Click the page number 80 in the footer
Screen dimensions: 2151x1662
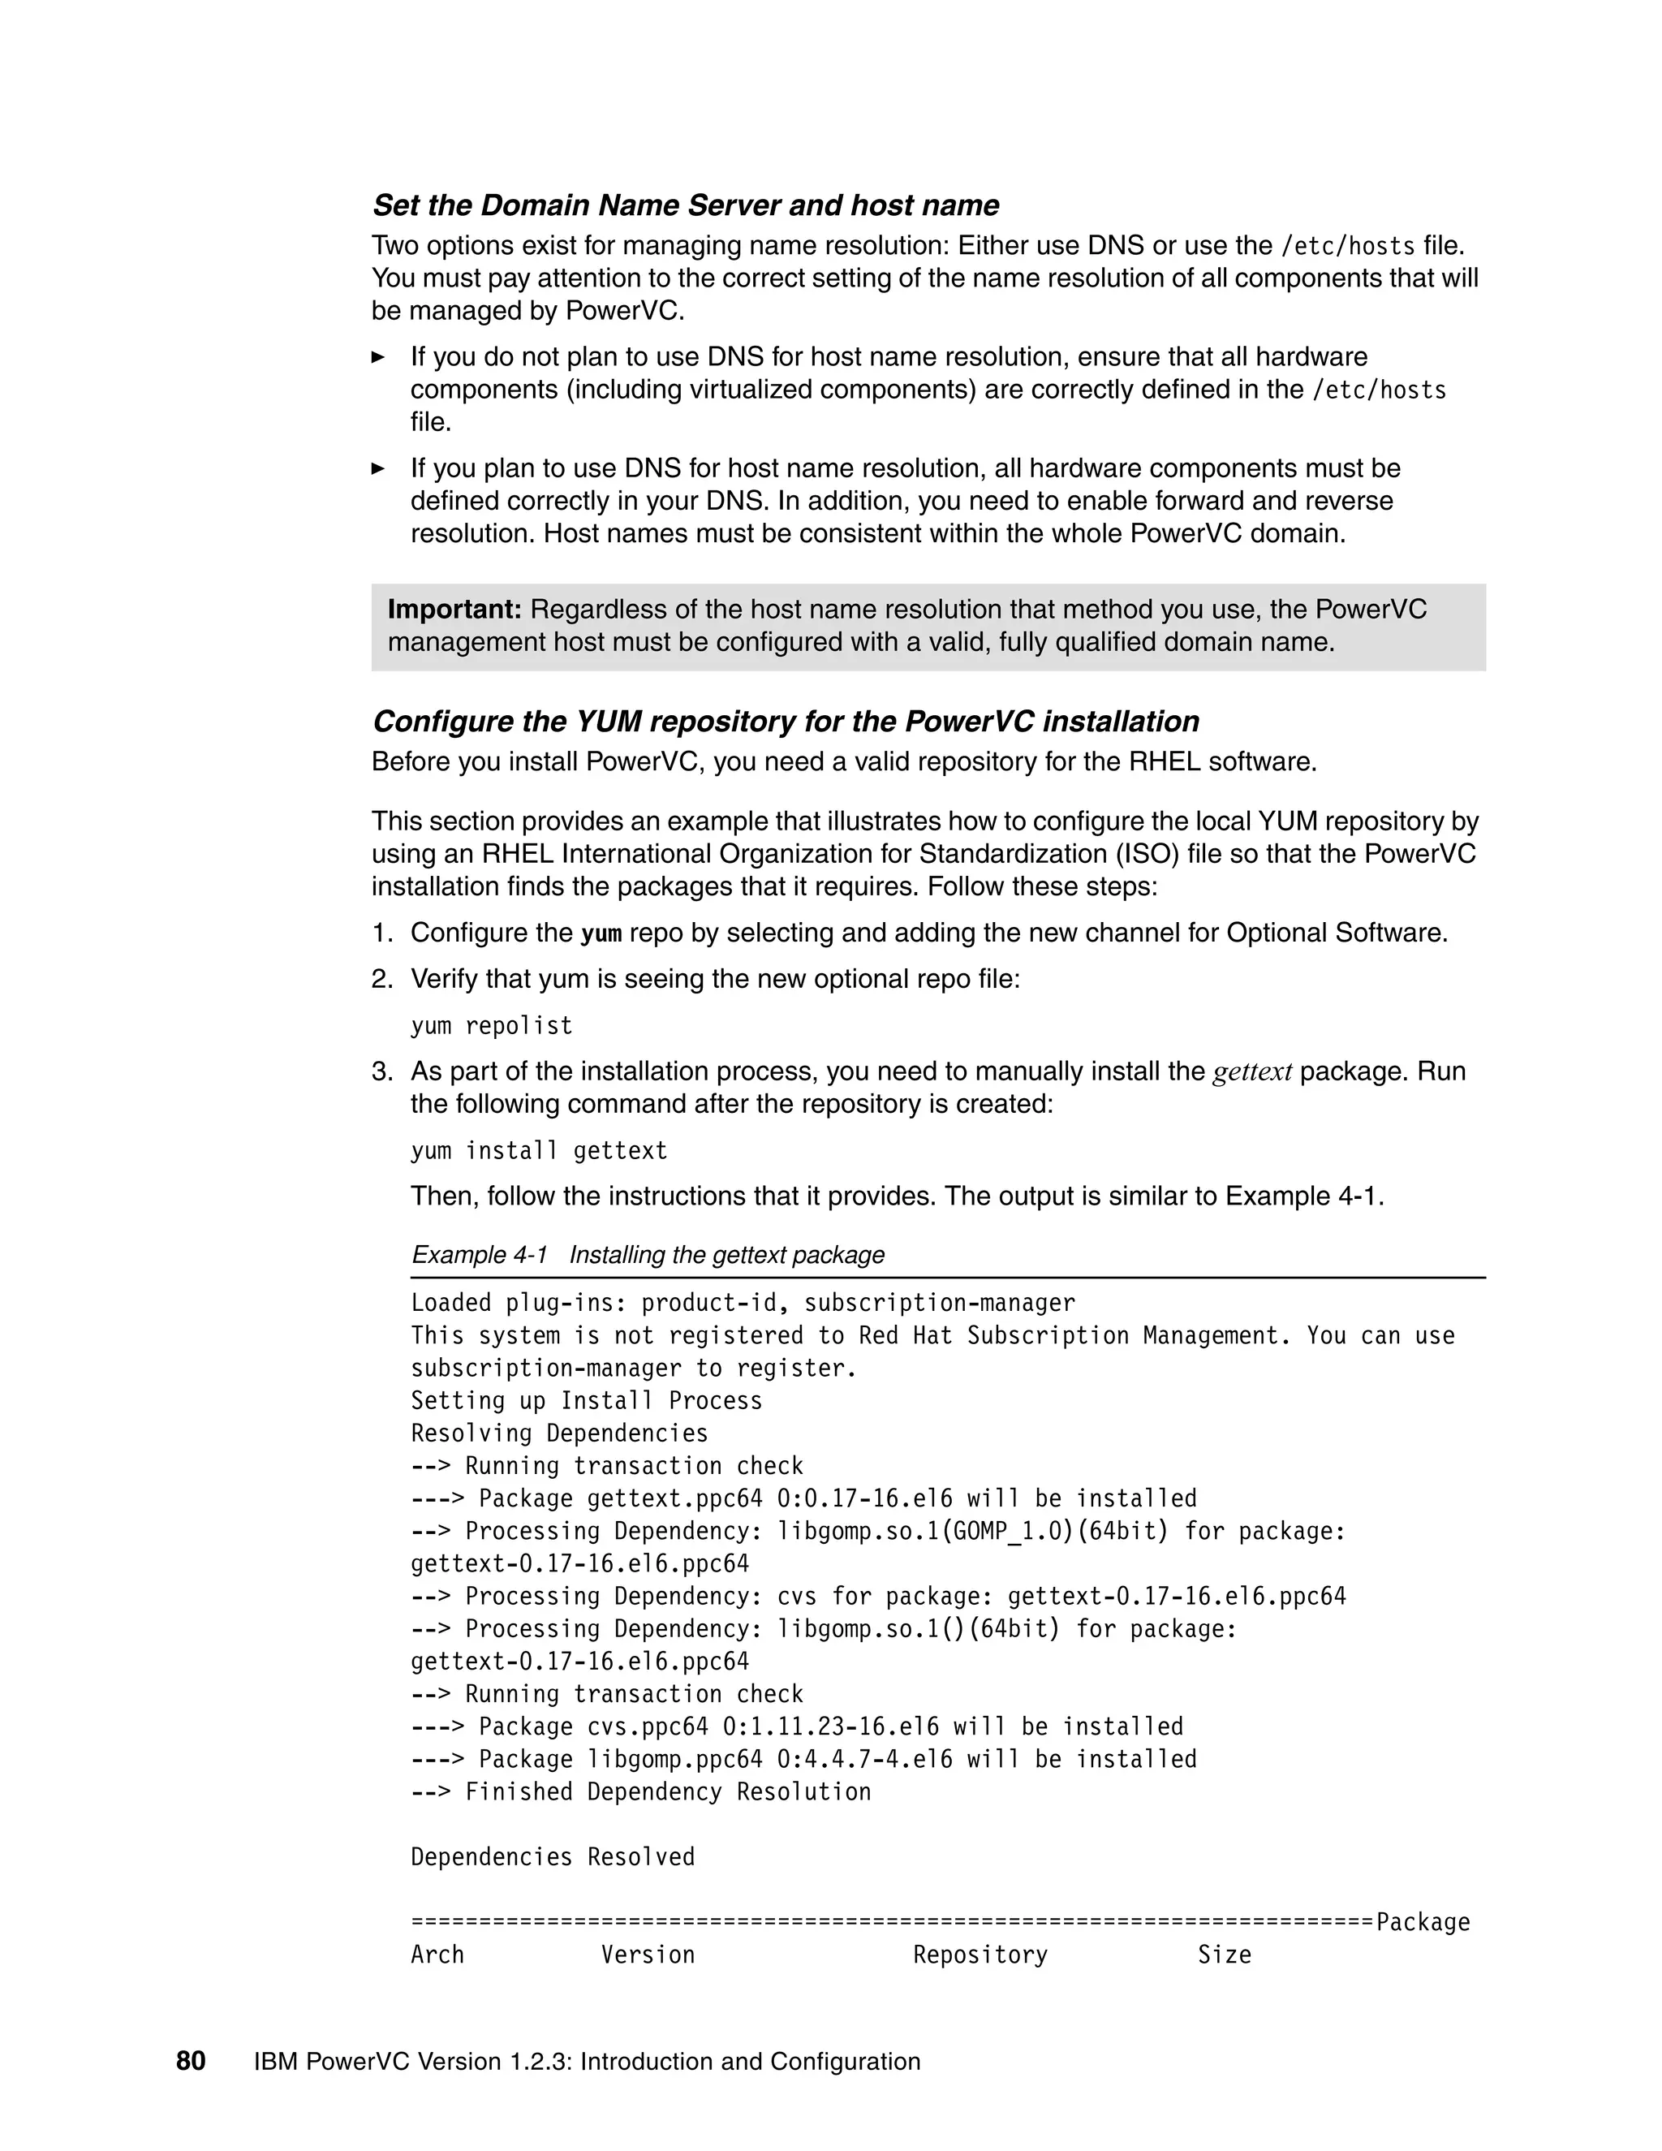[191, 2062]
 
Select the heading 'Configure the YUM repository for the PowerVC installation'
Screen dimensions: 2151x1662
[785, 721]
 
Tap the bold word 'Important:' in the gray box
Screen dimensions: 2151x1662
[454, 610]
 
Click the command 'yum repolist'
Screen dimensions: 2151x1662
[491, 1025]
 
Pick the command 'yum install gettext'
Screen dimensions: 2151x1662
[539, 1150]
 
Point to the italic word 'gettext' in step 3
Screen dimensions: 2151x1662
[1251, 1071]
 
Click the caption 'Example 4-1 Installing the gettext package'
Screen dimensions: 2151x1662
[648, 1255]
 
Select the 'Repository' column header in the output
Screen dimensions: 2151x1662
[980, 1955]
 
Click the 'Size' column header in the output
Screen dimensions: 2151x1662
[1224, 1955]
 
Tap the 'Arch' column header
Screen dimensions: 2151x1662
[437, 1955]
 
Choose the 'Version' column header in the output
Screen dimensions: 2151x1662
[648, 1955]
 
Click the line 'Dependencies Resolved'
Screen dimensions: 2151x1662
[553, 1857]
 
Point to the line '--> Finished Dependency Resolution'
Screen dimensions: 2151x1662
[641, 1792]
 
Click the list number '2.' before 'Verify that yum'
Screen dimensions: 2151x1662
[382, 979]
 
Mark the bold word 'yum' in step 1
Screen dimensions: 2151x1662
[601, 933]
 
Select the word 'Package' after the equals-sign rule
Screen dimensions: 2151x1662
[1423, 1922]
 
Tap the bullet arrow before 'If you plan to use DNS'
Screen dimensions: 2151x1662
[378, 469]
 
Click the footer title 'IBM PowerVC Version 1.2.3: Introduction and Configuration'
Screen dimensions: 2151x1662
[587, 2063]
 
